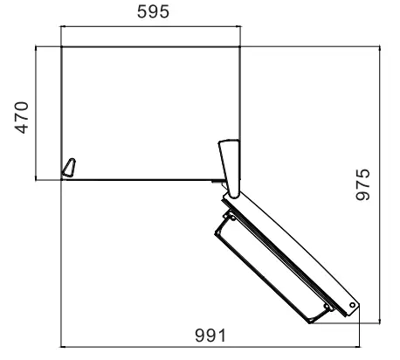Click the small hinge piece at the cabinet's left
tap(68, 167)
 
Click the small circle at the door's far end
tap(352, 305)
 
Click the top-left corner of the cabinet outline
tap(61, 45)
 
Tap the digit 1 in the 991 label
tap(223, 336)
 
